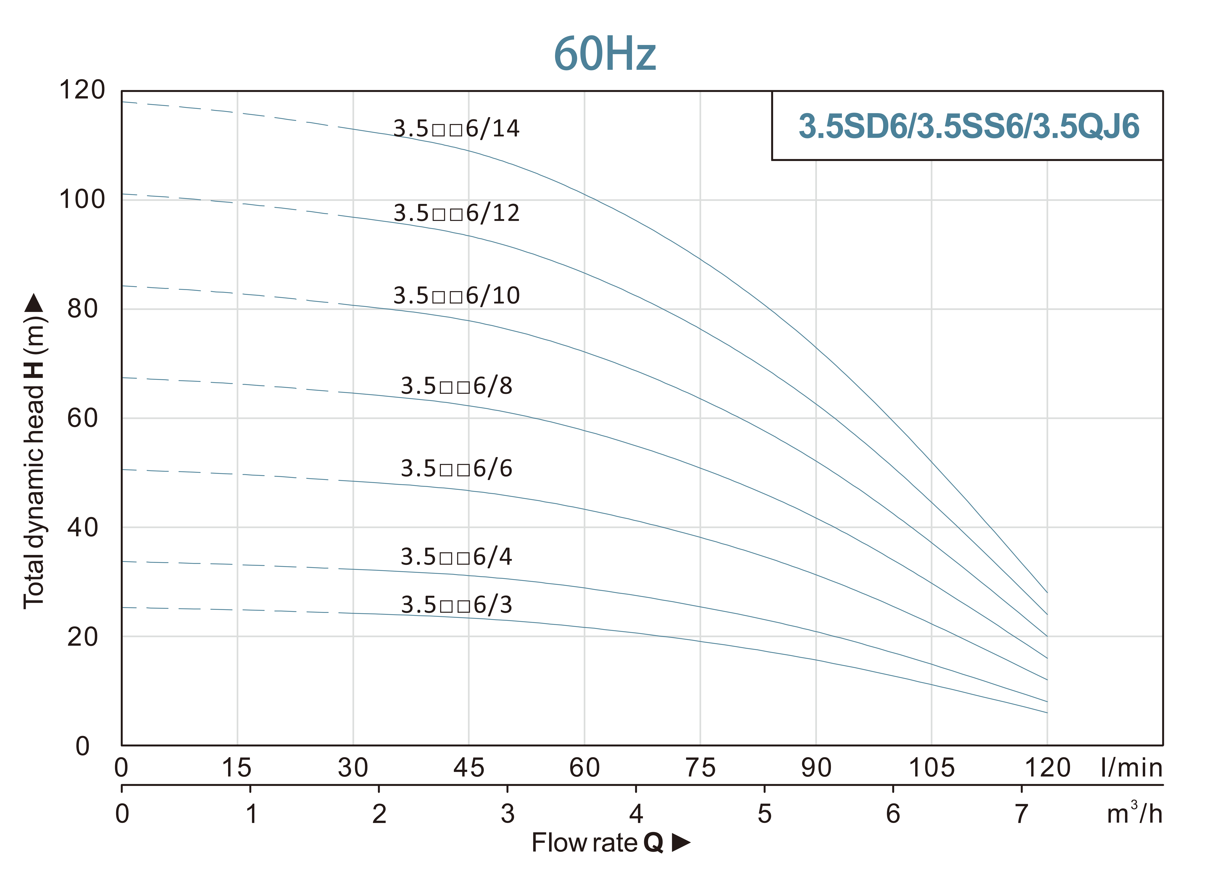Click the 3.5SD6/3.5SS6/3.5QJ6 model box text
968,127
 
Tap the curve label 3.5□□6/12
456,213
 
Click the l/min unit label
1131,768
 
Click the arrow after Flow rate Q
680,843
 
